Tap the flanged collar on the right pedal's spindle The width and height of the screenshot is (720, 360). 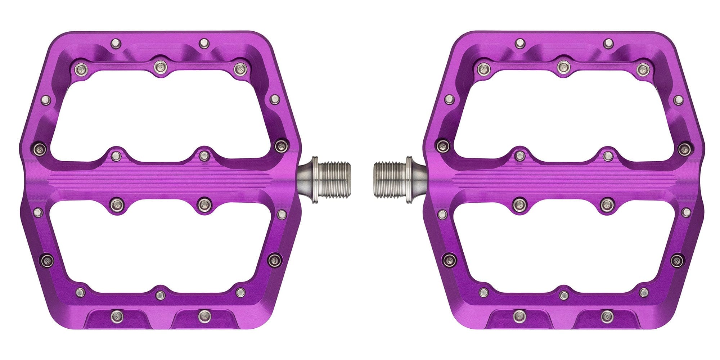pos(409,180)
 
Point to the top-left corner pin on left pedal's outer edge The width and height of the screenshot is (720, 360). pos(116,42)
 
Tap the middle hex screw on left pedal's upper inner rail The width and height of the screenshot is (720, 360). pos(159,66)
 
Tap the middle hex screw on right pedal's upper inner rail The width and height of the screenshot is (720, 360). pos(563,66)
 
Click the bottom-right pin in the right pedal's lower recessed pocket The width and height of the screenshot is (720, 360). pos(607,316)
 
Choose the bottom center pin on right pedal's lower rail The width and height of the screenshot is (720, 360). pos(564,296)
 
